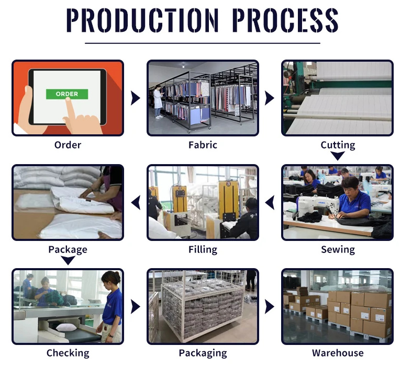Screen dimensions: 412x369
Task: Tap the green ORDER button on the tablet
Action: [66, 94]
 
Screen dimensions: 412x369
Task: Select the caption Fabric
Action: [203, 145]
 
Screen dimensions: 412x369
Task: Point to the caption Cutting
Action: [338, 145]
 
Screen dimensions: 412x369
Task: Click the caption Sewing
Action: [338, 249]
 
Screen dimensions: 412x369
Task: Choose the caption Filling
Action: [203, 249]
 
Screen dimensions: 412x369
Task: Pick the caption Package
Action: [68, 249]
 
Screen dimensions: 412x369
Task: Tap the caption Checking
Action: [68, 353]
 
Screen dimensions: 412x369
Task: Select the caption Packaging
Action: [203, 353]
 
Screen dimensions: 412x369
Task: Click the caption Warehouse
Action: [338, 353]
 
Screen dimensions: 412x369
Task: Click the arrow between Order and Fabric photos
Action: [136, 98]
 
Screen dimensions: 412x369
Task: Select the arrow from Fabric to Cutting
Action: [270, 98]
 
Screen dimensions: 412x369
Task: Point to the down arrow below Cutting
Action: [338, 156]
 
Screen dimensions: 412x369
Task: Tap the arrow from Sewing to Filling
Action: [270, 202]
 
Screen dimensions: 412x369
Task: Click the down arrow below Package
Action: [68, 260]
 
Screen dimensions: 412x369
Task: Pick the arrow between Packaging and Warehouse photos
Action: [270, 306]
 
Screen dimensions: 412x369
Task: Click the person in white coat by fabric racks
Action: [158, 102]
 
